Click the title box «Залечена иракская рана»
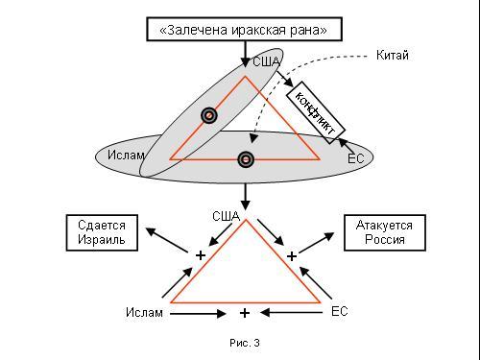point(245,30)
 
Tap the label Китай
point(393,56)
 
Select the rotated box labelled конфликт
point(316,112)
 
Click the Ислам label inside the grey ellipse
point(126,155)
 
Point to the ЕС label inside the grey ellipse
point(355,158)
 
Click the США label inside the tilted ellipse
point(266,61)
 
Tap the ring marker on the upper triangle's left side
point(209,115)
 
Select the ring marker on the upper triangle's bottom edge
point(246,159)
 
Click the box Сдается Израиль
point(102,232)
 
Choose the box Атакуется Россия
point(385,232)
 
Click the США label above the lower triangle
point(226,216)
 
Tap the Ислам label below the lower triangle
point(144,312)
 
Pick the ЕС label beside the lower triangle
point(339,311)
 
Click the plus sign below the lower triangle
point(245,313)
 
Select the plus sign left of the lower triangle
point(201,255)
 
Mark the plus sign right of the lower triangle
point(292,256)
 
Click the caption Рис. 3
point(245,343)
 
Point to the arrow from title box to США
point(246,54)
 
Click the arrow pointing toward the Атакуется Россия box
point(317,243)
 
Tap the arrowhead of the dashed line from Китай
point(253,138)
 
